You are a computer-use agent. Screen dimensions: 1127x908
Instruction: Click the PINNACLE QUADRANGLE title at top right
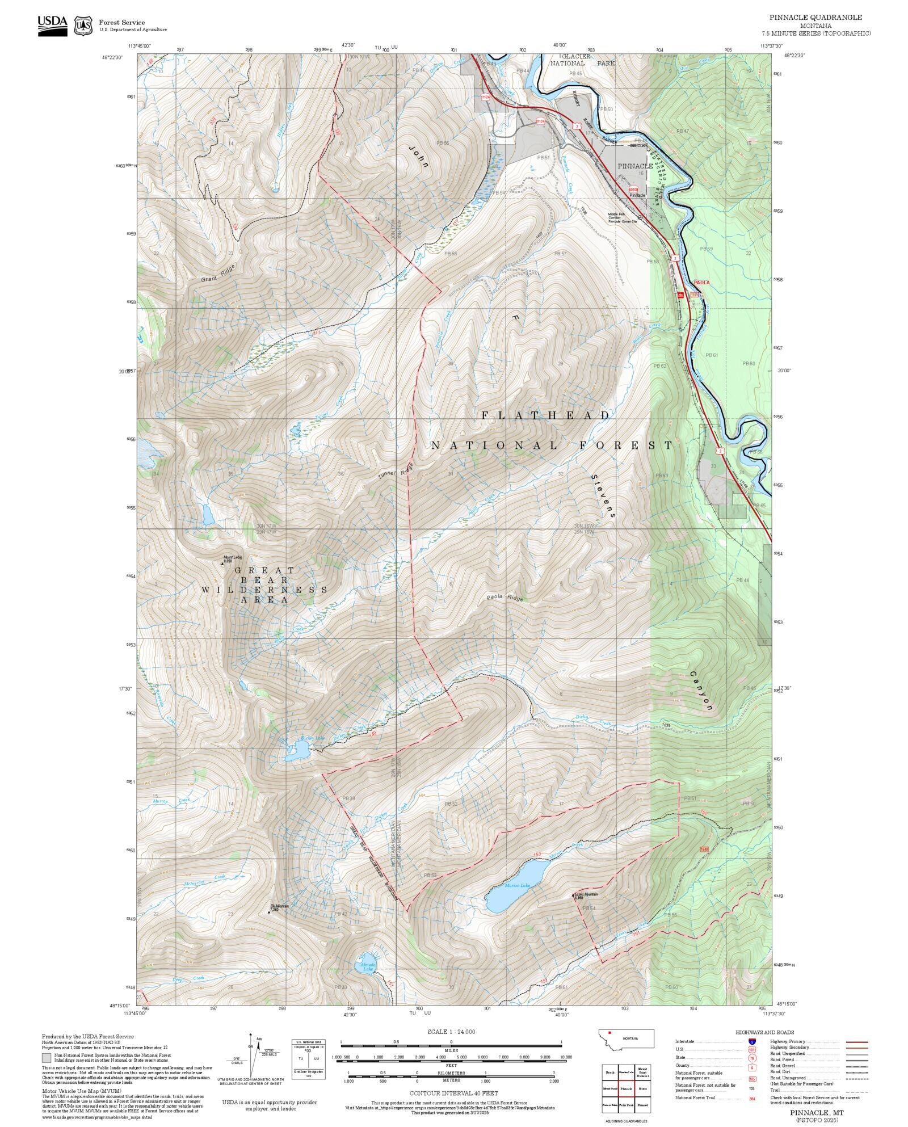coord(815,18)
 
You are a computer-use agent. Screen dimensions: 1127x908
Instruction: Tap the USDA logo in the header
coord(52,26)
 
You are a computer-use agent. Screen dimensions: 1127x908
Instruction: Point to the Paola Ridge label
coord(505,598)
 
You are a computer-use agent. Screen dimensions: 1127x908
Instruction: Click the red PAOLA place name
coord(701,282)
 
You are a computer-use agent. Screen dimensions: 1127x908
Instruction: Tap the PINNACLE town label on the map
coord(635,166)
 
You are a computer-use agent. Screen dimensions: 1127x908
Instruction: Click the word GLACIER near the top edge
coord(575,57)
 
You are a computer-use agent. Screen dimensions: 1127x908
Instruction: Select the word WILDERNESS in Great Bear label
coord(264,590)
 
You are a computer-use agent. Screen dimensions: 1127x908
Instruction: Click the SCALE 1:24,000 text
coord(451,1032)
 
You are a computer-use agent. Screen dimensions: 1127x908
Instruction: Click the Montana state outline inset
coord(626,1038)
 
